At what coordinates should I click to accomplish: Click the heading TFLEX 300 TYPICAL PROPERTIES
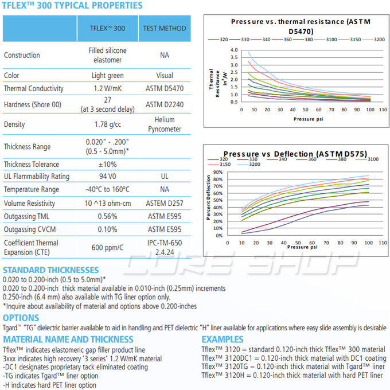[x=72, y=6]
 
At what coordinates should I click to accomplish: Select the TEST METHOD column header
[x=164, y=28]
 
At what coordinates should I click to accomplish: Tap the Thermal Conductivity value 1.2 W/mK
[x=108, y=89]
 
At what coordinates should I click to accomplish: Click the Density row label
[x=15, y=124]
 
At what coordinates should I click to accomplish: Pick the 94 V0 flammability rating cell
[x=108, y=177]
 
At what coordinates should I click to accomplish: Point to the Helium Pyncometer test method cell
[x=164, y=124]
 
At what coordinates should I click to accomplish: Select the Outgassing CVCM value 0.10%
[x=108, y=229]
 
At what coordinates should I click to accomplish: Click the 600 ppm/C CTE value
[x=108, y=247]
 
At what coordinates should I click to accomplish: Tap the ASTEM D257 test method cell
[x=164, y=202]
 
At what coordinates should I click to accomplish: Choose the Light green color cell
[x=108, y=76]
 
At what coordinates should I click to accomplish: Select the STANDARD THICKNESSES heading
[x=50, y=270]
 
